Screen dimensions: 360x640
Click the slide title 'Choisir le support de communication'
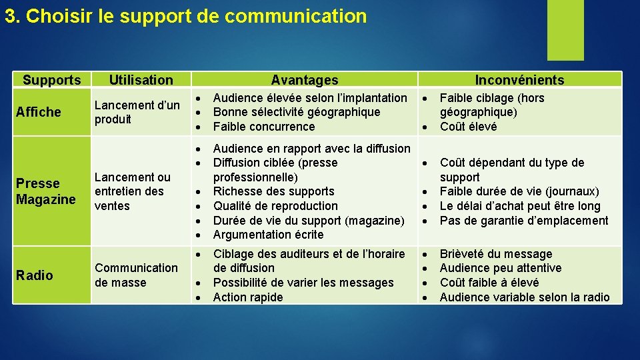185,16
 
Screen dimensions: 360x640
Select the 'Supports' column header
51,80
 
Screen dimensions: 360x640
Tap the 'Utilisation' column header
141,80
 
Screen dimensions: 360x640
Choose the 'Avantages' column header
305,80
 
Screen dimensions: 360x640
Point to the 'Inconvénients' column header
519,80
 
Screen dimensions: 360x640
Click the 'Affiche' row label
39,112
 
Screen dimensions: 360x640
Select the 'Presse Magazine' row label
46,191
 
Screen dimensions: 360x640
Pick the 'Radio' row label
35,275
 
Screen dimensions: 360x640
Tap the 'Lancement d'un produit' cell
137,112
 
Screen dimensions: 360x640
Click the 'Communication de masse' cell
136,275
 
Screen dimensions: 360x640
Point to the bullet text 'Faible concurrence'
263,127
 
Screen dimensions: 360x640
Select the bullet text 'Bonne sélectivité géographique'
296,112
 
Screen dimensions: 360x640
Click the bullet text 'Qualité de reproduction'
275,206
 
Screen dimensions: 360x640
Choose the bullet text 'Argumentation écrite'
268,235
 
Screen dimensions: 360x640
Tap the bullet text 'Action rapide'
247,297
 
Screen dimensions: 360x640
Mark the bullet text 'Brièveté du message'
496,254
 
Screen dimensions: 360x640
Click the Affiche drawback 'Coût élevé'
468,127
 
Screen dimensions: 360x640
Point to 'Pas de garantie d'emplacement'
524,221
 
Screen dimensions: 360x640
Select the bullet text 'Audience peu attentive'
501,268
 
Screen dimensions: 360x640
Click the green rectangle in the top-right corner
565,29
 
